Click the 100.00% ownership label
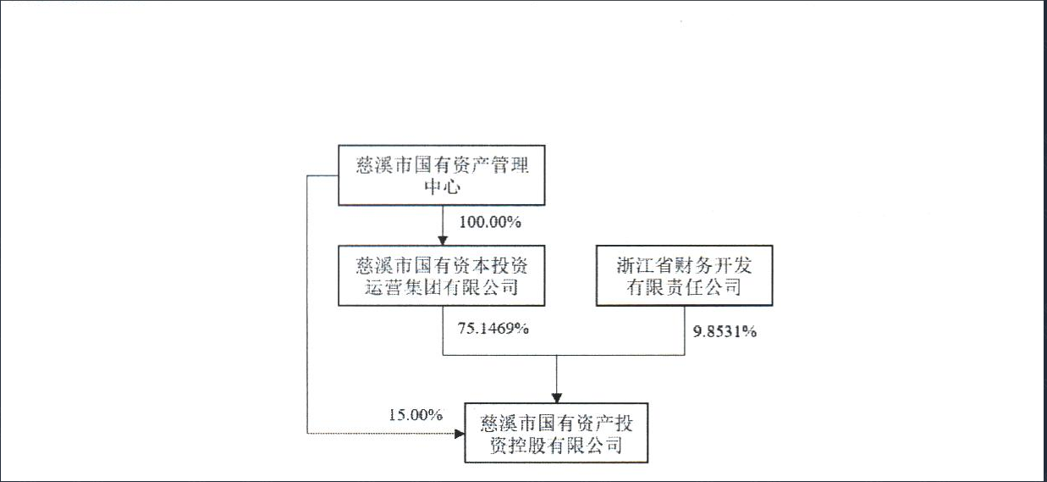point(490,222)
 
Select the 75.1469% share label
point(493,328)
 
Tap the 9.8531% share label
point(725,331)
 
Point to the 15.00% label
point(416,414)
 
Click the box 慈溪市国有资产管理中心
point(442,175)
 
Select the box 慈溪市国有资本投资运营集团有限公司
point(442,275)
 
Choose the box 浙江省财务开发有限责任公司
point(684,275)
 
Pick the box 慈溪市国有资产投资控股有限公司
point(556,433)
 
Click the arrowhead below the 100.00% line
point(443,241)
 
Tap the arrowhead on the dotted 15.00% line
point(460,434)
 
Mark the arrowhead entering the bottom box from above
point(557,398)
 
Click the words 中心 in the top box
point(442,186)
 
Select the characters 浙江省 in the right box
point(642,265)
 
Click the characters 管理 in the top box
point(510,165)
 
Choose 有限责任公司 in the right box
point(684,287)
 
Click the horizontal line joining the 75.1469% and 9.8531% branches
point(564,355)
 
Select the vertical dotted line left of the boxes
point(307,304)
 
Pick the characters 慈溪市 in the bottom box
point(508,424)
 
